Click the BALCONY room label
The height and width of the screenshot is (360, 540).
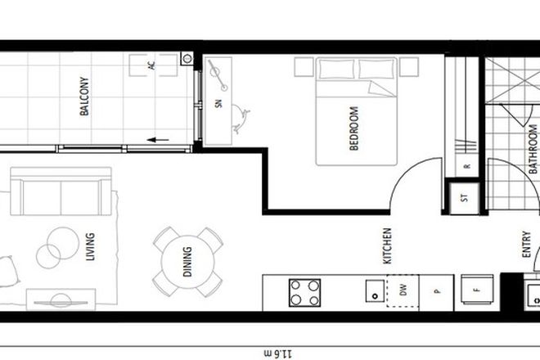pyautogui.click(x=84, y=97)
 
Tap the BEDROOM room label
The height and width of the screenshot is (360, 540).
pyautogui.click(x=354, y=128)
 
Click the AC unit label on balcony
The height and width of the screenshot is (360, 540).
pyautogui.click(x=152, y=65)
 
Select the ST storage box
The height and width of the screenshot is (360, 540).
pyautogui.click(x=465, y=197)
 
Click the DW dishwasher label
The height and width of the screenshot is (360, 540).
pyautogui.click(x=402, y=289)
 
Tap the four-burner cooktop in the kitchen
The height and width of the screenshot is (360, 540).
pyautogui.click(x=304, y=293)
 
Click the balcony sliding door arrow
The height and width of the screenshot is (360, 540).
pyautogui.click(x=159, y=139)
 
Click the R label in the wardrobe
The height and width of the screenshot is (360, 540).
pyautogui.click(x=466, y=166)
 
